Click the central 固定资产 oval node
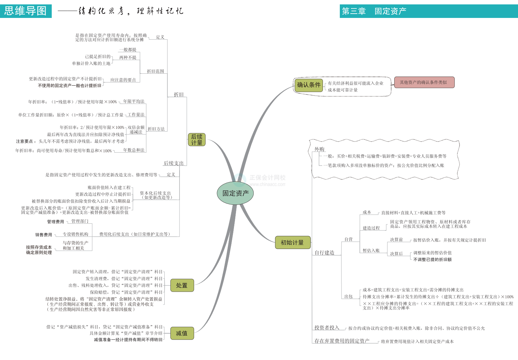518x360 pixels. click(235, 193)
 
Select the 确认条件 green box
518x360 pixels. click(308, 85)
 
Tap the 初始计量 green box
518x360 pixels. click(292, 243)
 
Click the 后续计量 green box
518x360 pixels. click(197, 139)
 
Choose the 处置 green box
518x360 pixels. click(182, 286)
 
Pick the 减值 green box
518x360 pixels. click(182, 333)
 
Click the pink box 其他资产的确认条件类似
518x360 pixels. click(424, 82)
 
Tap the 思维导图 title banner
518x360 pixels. click(26, 11)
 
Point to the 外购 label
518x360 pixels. click(319, 149)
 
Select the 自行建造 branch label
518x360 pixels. click(324, 253)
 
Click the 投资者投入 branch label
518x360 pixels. click(327, 328)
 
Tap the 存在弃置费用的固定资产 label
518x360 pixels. click(342, 341)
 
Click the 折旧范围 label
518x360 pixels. click(156, 71)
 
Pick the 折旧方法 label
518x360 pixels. click(156, 129)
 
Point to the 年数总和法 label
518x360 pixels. click(134, 150)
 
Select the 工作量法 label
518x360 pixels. click(136, 115)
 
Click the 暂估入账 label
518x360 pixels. click(371, 250)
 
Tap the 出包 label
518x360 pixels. click(348, 296)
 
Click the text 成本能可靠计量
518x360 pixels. click(343, 90)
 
